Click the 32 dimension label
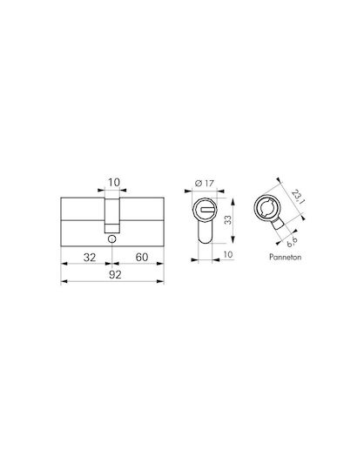pyautogui.click(x=90, y=257)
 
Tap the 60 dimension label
pyautogui.click(x=142, y=257)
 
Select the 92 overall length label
pyautogui.click(x=115, y=274)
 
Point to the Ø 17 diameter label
pyautogui.click(x=205, y=183)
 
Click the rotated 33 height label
pyautogui.click(x=228, y=220)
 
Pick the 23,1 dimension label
pyautogui.click(x=298, y=198)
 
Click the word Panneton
pyautogui.click(x=285, y=257)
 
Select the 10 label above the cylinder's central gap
pyautogui.click(x=114, y=182)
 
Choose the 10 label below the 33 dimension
pyautogui.click(x=228, y=254)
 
